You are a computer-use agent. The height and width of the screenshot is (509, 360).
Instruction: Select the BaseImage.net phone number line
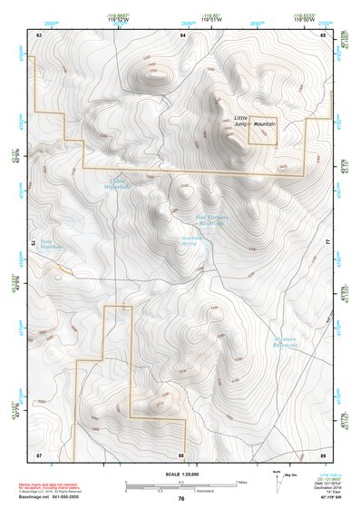(x=56, y=495)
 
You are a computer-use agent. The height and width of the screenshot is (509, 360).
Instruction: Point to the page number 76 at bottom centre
(x=180, y=499)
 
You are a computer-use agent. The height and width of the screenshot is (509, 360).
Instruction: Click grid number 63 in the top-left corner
(x=39, y=34)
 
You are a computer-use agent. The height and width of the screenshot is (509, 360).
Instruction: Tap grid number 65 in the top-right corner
(x=323, y=34)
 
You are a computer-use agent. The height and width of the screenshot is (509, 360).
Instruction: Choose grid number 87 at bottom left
(x=39, y=454)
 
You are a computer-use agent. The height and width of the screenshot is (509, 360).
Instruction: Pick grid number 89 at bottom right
(x=323, y=454)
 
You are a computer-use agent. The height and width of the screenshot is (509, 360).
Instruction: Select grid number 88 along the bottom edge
(x=180, y=454)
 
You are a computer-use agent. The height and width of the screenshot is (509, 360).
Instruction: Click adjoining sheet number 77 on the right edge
(x=327, y=243)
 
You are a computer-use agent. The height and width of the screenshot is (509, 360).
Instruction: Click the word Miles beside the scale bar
(x=241, y=482)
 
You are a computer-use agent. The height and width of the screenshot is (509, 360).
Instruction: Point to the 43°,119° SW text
(x=325, y=495)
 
